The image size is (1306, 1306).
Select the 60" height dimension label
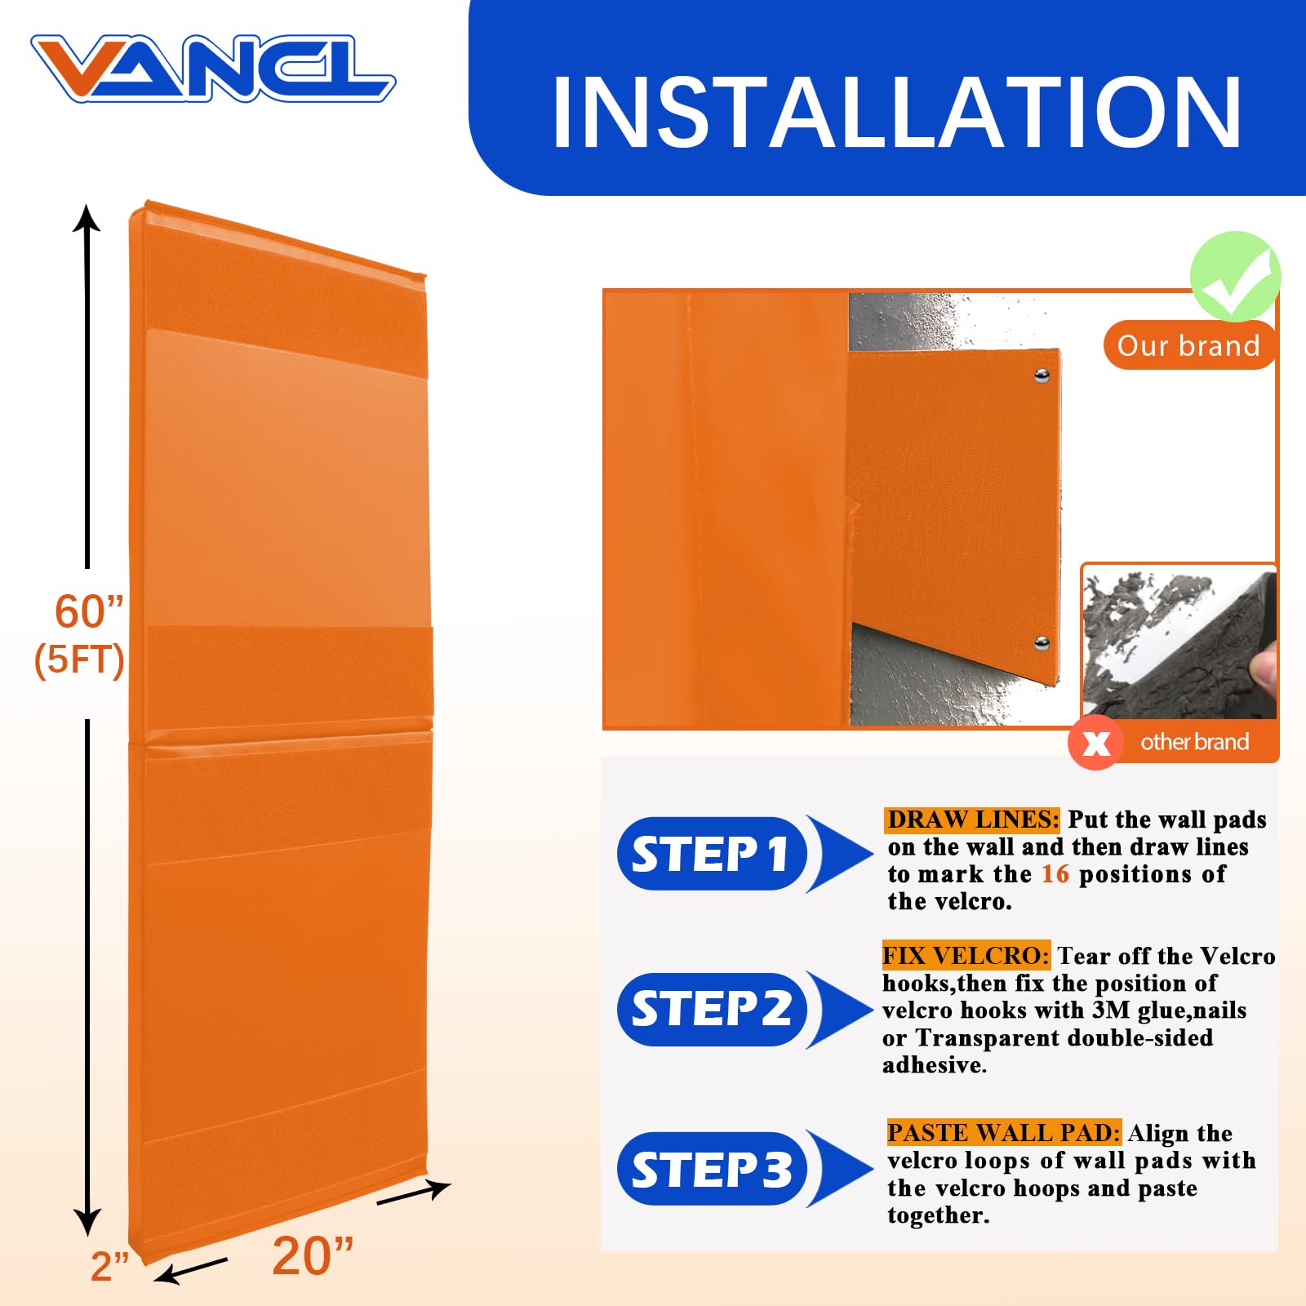coord(88,611)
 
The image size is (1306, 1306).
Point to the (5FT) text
coord(79,660)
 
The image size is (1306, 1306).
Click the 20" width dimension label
coord(313,1255)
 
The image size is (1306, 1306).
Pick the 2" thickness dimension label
coord(110,1266)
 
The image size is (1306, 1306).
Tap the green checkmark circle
coord(1235,276)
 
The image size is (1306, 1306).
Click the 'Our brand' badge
coord(1188,345)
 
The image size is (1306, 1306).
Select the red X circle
coord(1095,742)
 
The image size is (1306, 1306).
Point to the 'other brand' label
coord(1194,742)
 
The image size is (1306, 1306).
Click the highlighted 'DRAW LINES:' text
coord(972,820)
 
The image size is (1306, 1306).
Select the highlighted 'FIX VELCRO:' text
coord(966,956)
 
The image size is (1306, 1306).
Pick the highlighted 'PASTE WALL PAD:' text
coord(1004,1133)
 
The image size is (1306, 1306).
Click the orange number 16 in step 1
coord(1055,874)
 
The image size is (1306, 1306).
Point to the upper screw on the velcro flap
coord(1042,375)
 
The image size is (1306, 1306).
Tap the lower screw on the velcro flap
coord(1042,643)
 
